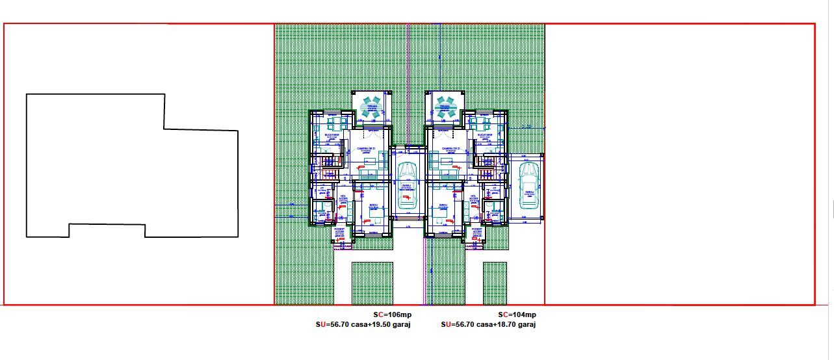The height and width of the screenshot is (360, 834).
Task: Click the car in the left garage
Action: [407, 186]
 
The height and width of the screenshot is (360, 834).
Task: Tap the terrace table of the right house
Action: [445, 107]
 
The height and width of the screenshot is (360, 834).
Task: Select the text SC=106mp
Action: [392, 315]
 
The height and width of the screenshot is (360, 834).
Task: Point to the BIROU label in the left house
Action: [373, 206]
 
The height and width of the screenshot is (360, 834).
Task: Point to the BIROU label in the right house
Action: [444, 206]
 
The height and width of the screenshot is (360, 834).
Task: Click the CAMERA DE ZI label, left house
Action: [365, 149]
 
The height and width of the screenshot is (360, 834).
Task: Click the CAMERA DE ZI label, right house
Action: [451, 149]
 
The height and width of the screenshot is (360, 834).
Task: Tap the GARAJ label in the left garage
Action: [407, 185]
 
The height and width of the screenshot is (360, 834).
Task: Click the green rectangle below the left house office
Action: [372, 282]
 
